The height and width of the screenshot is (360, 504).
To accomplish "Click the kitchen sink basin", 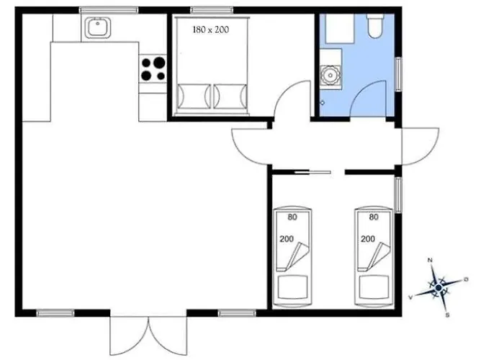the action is [x=99, y=27].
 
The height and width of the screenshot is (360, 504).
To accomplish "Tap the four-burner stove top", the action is [x=153, y=68].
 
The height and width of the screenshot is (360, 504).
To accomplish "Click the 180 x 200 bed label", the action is [x=211, y=30].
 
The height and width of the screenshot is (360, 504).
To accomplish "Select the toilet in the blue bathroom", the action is [x=375, y=26].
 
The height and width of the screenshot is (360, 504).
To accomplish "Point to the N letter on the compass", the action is [x=429, y=260].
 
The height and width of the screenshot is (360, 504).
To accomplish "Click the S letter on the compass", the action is [x=447, y=315].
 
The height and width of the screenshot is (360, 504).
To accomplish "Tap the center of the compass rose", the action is [x=438, y=287].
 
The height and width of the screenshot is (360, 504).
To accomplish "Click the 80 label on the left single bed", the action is [x=292, y=217].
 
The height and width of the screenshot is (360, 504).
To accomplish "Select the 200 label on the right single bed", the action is [x=368, y=239].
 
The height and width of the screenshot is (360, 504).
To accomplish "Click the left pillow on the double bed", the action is [x=194, y=96].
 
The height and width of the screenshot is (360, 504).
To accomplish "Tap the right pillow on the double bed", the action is [x=230, y=96].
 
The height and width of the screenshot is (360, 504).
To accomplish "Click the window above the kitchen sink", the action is [x=109, y=10].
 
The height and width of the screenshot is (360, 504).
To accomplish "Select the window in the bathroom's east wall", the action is [x=399, y=74].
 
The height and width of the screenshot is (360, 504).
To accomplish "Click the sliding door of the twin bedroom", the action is [x=312, y=173].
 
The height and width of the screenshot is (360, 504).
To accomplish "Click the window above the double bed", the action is [x=212, y=10].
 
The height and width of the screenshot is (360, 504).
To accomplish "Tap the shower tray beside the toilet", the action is [x=340, y=29].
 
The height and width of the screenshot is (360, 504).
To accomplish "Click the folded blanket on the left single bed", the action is [x=293, y=256].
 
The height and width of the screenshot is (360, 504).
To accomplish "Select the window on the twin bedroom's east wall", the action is [x=399, y=195].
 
